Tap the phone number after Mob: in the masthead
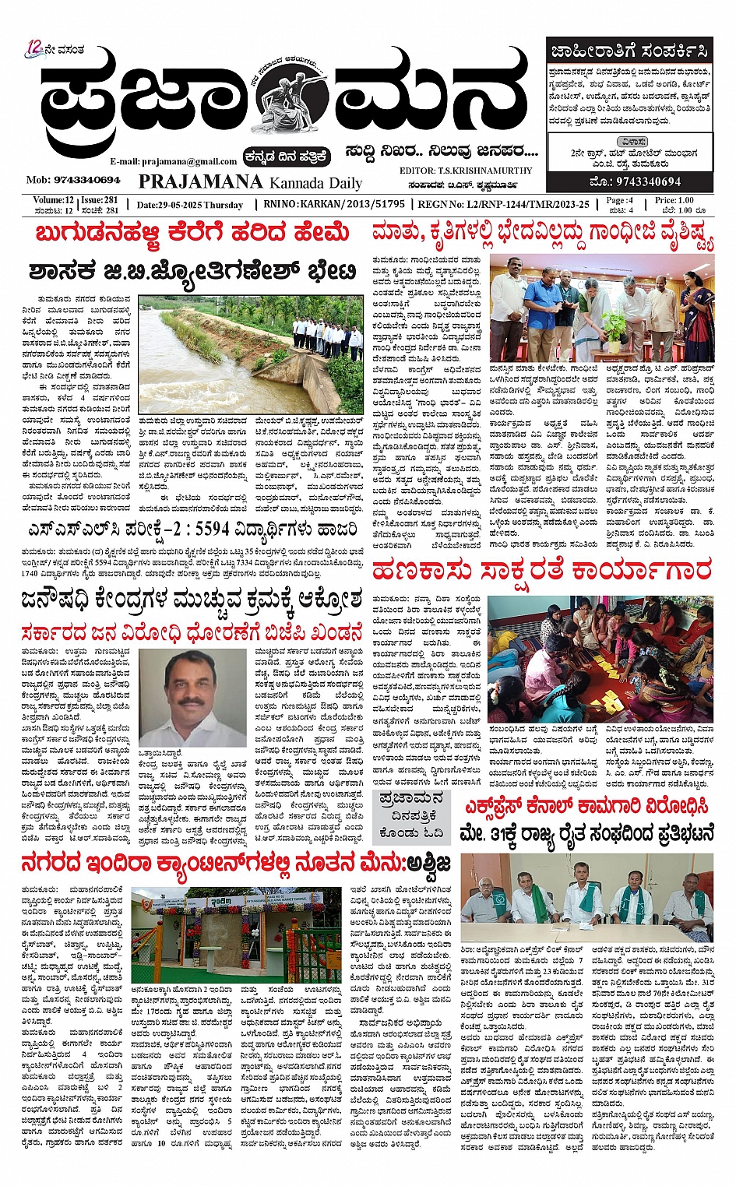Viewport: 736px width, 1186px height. pyautogui.click(x=85, y=180)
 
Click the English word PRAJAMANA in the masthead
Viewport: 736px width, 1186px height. pyautogui.click(x=200, y=182)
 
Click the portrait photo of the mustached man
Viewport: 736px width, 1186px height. pyautogui.click(x=205, y=698)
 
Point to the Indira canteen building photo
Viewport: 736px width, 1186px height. pyautogui.click(x=236, y=934)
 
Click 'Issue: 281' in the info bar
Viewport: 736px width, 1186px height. pyautogui.click(x=99, y=200)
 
